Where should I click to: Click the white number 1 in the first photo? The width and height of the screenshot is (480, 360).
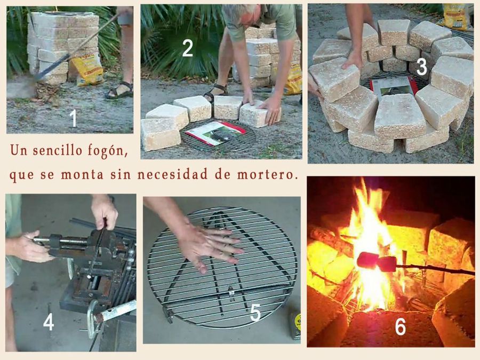pos(73,118)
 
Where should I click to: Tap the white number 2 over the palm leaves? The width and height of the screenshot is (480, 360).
pos(187,48)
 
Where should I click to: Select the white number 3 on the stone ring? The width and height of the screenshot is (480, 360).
pos(421,67)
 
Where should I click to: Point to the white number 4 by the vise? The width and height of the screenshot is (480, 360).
pos(49,322)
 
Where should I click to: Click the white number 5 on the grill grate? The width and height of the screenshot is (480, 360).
pos(255,313)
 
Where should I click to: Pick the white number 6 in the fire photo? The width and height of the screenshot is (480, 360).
pos(401,326)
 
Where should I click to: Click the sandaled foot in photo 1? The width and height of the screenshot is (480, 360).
pos(119,91)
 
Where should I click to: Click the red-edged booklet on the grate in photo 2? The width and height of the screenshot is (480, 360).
pos(216,132)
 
